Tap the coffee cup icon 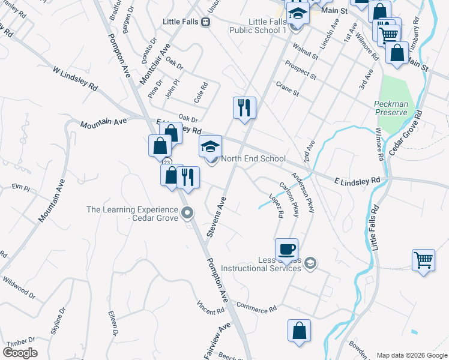coord(286,248)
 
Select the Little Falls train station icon coord(205,22)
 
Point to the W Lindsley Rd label coord(75,79)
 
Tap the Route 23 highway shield coord(164,162)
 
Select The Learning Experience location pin coord(187,212)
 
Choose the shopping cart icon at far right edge coord(423,260)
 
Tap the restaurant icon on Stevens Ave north coord(244,108)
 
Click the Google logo coord(20,353)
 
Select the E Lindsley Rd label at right coord(357,179)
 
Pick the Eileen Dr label coord(113,323)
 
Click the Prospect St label coord(301,70)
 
